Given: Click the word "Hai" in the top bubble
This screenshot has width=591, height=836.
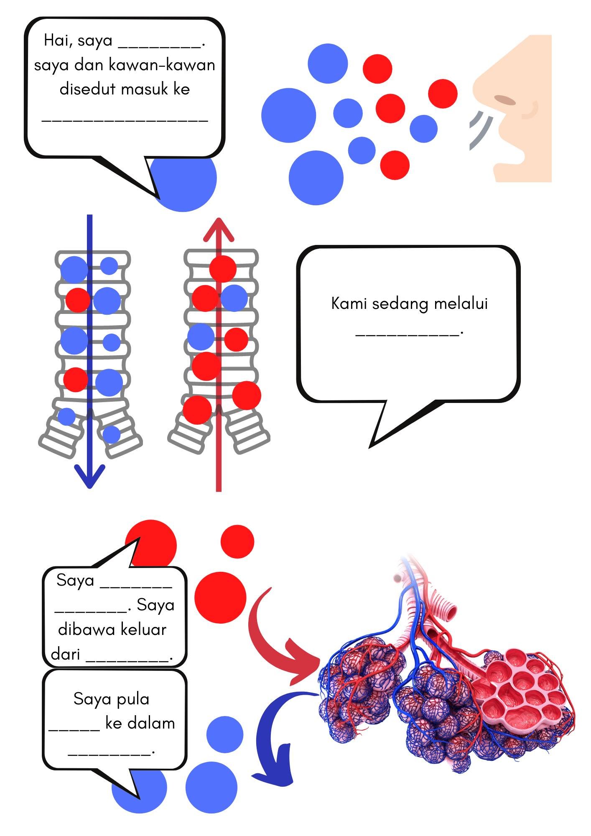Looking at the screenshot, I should tap(56, 41).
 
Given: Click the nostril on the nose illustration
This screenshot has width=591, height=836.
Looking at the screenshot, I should tap(504, 100).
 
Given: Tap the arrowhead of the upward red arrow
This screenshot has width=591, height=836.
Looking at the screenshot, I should tap(218, 229).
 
